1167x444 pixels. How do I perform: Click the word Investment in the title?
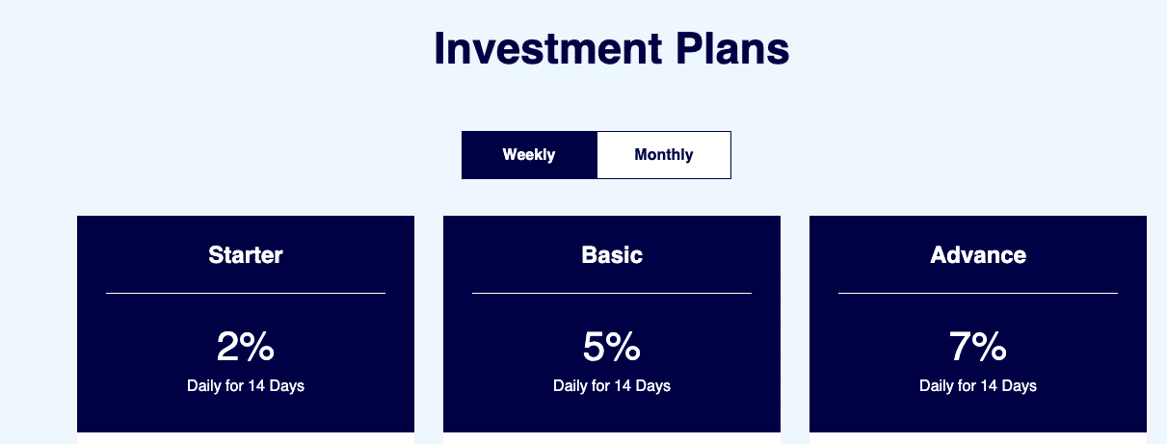[x=548, y=48]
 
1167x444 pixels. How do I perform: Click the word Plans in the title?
[x=732, y=48]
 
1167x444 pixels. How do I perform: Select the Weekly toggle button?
[x=529, y=155]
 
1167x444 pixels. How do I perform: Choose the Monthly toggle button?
[x=664, y=155]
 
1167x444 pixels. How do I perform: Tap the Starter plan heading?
[x=246, y=255]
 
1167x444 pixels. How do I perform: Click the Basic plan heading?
[x=612, y=255]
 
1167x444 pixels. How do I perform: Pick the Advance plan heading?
[x=978, y=255]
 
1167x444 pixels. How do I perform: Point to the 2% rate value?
[x=246, y=346]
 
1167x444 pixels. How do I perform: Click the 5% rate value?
[x=612, y=346]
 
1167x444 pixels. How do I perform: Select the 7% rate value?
[x=978, y=346]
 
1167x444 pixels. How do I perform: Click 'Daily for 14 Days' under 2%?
[x=246, y=385]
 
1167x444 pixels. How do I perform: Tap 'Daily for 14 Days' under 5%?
[x=612, y=385]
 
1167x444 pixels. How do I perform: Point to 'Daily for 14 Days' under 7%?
[x=978, y=385]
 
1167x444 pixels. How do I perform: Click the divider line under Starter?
[x=246, y=293]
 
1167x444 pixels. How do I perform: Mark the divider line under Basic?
[x=612, y=293]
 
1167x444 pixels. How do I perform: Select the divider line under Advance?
[x=978, y=293]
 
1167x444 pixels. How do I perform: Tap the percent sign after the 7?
[x=990, y=346]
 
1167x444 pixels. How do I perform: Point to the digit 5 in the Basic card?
[x=594, y=346]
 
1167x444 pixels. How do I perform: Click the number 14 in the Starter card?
[x=256, y=385]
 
